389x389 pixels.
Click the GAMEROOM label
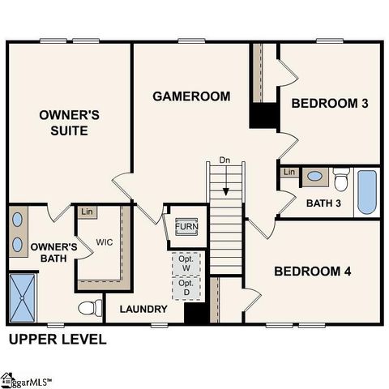(191, 96)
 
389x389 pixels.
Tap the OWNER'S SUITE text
(70, 123)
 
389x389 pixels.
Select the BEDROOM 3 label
(330, 104)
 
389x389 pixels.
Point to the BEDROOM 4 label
(312, 271)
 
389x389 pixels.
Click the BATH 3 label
(323, 203)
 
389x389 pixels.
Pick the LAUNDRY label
(143, 309)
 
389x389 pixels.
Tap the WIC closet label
(105, 242)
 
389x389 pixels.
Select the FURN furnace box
(186, 226)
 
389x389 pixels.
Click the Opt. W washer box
(187, 264)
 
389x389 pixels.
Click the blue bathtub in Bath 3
(367, 192)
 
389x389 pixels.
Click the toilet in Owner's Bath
(90, 307)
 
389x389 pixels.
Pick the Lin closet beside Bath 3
(289, 172)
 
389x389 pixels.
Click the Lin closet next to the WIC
(87, 212)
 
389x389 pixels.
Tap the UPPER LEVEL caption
(58, 339)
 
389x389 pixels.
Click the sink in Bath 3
(314, 176)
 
